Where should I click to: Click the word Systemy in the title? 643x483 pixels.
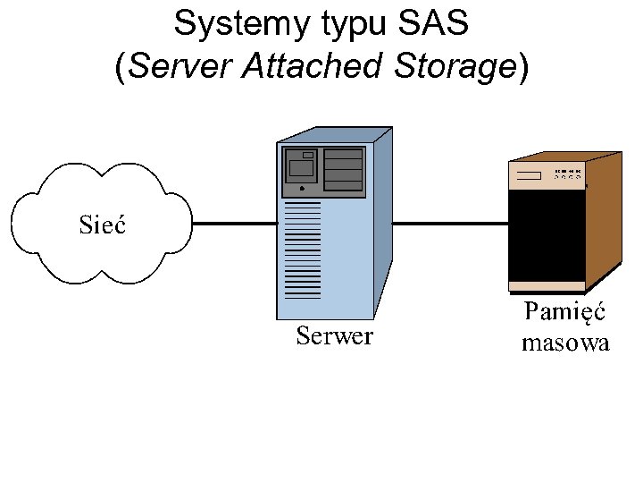tap(242, 25)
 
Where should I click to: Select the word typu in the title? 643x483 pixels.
tap(355, 25)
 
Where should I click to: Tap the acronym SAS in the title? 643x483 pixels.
tap(433, 22)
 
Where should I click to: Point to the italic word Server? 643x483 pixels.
tap(180, 65)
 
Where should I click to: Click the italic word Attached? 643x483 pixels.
tap(313, 65)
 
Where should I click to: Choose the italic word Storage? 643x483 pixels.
tap(455, 67)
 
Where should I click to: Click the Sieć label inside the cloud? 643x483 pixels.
tap(102, 225)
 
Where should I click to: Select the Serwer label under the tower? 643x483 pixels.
tap(335, 335)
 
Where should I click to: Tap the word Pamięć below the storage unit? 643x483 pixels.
tap(564, 312)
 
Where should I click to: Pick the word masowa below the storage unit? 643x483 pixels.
tap(565, 343)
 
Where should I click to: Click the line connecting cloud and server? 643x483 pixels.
tap(235, 224)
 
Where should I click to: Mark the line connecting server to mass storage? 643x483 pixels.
tap(451, 224)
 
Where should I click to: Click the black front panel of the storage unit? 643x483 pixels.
tap(547, 235)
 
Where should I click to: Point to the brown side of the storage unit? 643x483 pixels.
tap(604, 221)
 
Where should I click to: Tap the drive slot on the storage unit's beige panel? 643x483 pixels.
tap(529, 176)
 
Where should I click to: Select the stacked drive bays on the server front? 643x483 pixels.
tap(343, 170)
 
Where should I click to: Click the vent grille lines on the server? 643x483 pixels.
tap(303, 250)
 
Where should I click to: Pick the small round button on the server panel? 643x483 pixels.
tap(302, 189)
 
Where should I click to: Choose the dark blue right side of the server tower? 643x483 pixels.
tap(383, 223)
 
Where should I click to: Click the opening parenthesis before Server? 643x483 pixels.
tap(120, 67)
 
